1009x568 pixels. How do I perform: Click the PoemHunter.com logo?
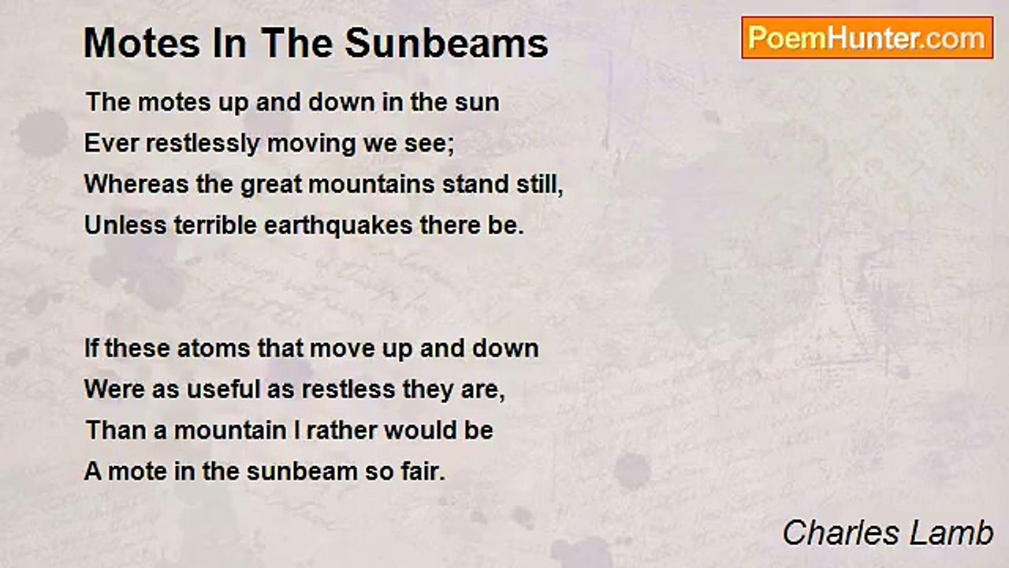(x=867, y=37)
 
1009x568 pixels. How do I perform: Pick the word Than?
(x=109, y=431)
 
